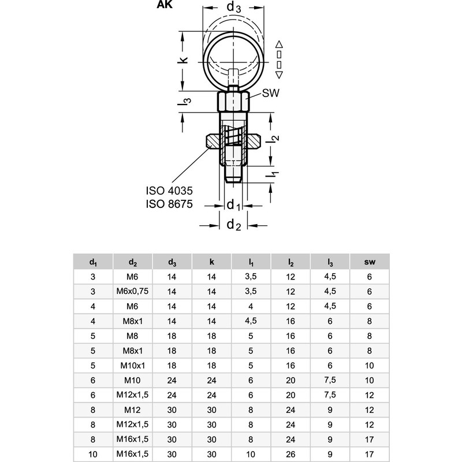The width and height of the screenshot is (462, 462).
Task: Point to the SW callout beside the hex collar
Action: (x=270, y=93)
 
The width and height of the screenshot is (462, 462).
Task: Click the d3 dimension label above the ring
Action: (x=234, y=8)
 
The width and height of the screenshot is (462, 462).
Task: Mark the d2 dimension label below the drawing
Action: (x=234, y=225)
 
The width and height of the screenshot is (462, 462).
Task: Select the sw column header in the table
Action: (x=370, y=262)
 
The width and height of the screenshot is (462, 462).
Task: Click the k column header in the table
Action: (x=211, y=262)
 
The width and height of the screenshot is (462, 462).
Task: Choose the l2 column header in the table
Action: (x=290, y=262)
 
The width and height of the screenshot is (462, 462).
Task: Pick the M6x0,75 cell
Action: (x=133, y=291)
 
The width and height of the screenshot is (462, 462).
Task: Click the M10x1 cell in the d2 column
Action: (x=133, y=366)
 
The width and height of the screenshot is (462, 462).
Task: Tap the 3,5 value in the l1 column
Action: (x=251, y=277)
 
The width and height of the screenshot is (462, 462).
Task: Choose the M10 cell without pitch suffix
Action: (x=133, y=381)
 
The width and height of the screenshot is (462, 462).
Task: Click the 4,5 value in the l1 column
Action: (x=251, y=321)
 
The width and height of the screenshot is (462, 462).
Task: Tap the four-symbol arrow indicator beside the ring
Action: (x=279, y=59)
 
